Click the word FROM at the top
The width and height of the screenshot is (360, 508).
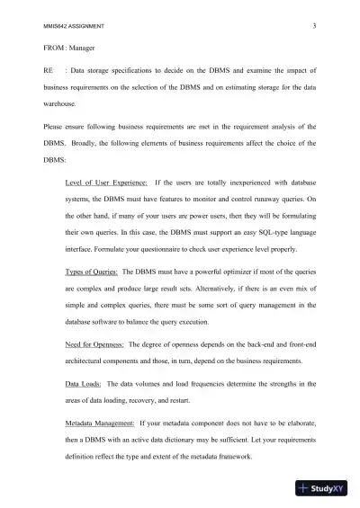click(x=55, y=46)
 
